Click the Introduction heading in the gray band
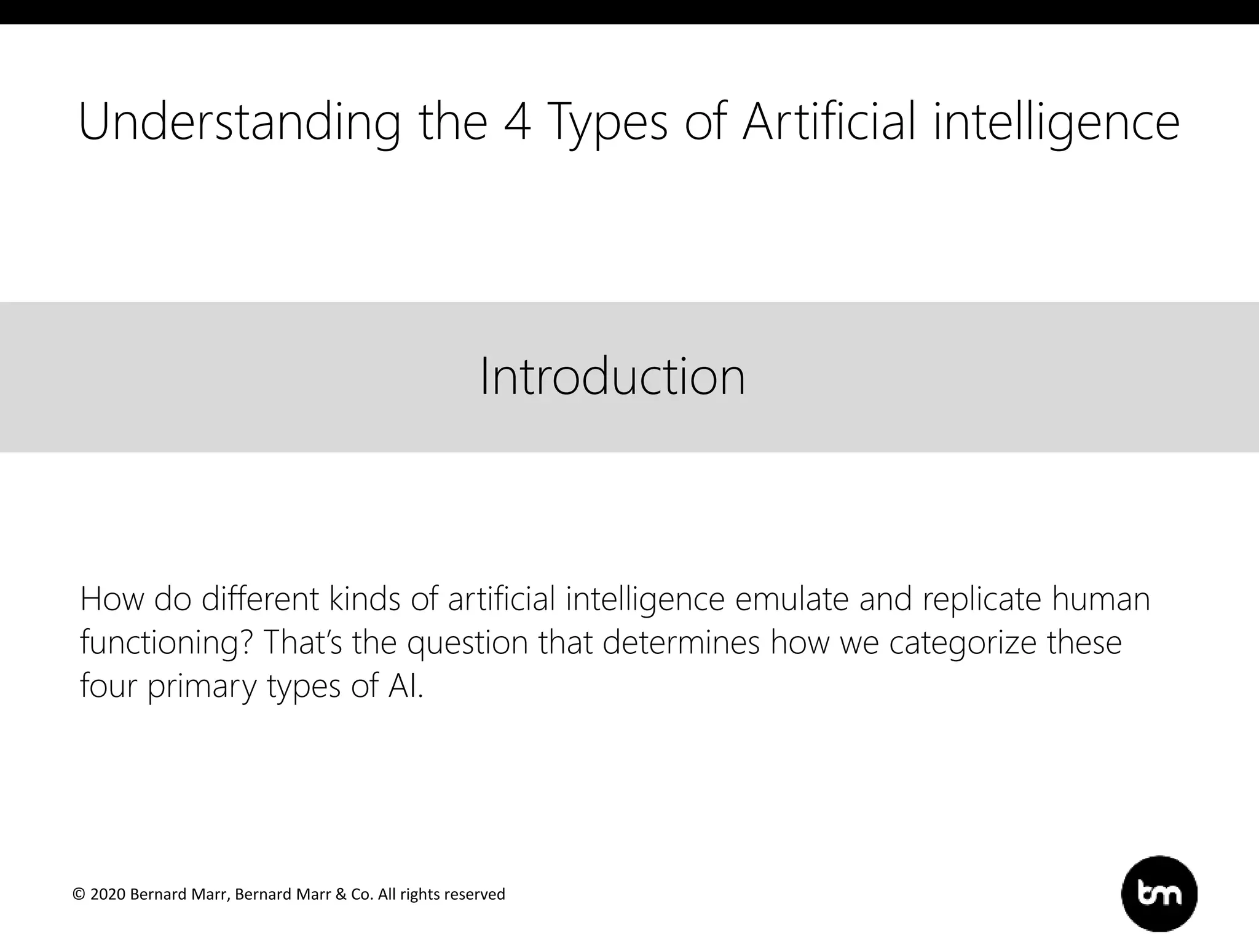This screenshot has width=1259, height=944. pyautogui.click(x=612, y=376)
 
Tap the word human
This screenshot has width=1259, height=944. pyautogui.click(x=1100, y=599)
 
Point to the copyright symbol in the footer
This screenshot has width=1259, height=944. pyautogui.click(x=79, y=894)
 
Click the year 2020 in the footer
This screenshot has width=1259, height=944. pyautogui.click(x=108, y=894)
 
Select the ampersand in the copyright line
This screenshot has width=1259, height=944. pyautogui.click(x=341, y=894)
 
